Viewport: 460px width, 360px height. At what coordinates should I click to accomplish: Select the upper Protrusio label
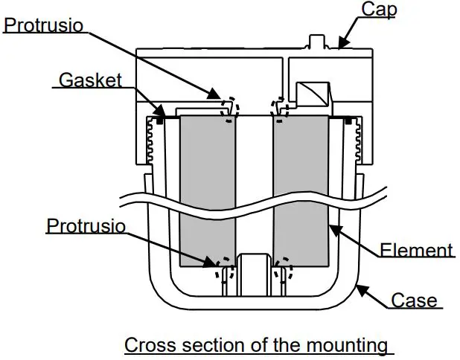point(44,25)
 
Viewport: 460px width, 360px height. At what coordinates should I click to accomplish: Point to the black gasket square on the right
point(348,118)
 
